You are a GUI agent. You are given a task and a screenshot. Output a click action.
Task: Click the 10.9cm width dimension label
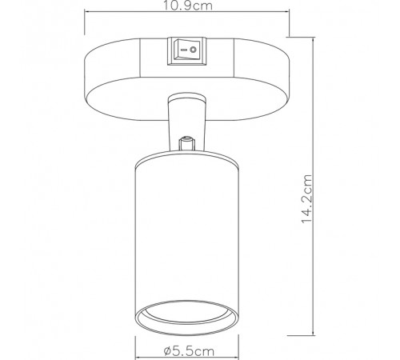point(187,6)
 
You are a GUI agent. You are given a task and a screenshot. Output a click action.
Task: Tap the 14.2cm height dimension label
point(306,198)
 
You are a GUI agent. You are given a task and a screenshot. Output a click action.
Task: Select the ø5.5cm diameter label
point(189,351)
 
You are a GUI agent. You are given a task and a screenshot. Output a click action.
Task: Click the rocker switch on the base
point(187,51)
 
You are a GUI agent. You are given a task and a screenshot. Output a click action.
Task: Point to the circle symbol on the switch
point(193,50)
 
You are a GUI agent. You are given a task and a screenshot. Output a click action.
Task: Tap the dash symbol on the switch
point(183,50)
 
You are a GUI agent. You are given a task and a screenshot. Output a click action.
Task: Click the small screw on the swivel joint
point(187,143)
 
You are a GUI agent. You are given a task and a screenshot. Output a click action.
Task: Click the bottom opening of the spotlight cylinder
point(187,317)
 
